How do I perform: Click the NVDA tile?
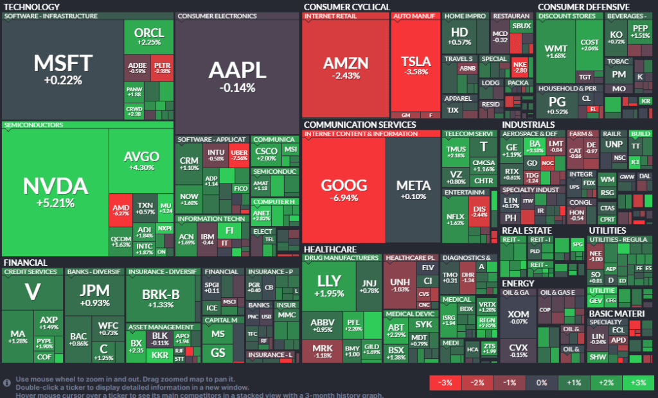point(55,191)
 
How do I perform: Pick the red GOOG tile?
point(344,190)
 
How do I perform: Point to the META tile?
point(413,190)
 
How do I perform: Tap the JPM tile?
point(94,295)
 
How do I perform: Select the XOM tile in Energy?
point(518,318)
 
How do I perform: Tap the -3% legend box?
point(445,383)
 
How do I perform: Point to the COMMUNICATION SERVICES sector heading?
point(359,125)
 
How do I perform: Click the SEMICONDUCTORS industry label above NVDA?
point(33,125)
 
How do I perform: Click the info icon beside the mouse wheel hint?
point(7,383)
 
